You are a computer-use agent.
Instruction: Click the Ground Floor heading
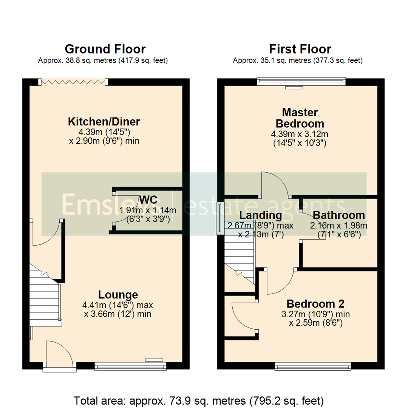105,49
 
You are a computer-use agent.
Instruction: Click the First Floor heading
300,49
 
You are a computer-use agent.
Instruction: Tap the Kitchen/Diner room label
104,122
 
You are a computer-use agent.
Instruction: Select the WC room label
148,200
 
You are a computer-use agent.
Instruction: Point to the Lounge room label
118,294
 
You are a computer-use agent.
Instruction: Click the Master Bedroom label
300,118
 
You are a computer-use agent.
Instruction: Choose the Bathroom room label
339,215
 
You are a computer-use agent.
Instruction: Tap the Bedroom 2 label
315,304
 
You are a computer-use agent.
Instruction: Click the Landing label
261,216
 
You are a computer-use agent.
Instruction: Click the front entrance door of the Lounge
59,353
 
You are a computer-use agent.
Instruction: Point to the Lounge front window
130,365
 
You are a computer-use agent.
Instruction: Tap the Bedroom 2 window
313,365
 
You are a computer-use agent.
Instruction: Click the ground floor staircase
45,298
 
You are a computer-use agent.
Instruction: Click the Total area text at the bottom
199,400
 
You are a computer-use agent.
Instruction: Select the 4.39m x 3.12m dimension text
300,134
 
